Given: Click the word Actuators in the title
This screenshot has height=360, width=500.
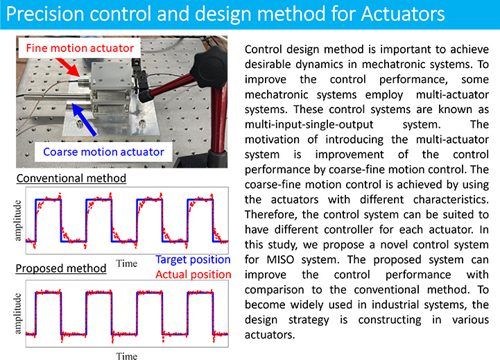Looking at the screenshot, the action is tap(403, 15).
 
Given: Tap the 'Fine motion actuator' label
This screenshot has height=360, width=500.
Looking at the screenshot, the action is tap(80, 48).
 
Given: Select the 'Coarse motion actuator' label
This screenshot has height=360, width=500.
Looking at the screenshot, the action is tap(103, 152).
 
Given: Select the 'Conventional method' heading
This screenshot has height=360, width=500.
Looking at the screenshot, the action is tap(71, 178).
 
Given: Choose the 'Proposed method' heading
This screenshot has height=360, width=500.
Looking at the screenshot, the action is tap(61, 268).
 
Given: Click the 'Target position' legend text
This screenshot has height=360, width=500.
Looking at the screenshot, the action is tap(193, 259).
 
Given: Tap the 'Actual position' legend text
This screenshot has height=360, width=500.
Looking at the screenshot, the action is tap(193, 275).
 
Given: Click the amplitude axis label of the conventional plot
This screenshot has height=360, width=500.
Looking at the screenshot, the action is tap(18, 221).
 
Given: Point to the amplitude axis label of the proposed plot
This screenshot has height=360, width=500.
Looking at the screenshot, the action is tap(18, 314).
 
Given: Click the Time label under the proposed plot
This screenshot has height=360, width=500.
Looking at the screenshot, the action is tap(127, 356).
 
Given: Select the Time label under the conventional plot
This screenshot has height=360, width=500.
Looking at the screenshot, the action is tap(127, 264).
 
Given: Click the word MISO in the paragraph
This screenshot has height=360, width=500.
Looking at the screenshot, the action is tap(280, 259).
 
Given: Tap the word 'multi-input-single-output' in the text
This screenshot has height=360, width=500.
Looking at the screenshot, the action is tap(309, 125).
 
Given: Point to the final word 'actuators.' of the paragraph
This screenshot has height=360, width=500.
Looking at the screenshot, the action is tap(270, 335).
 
